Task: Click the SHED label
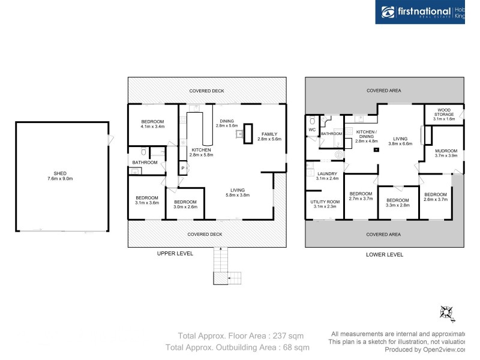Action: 61,173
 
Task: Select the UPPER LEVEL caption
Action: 175,254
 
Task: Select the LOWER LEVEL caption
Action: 384,254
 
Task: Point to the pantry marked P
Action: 182,169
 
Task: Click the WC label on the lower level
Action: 311,130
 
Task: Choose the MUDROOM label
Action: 446,151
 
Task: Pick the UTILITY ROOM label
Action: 325,202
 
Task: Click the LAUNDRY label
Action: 328,173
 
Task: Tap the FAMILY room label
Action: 269,134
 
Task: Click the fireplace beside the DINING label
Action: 247,134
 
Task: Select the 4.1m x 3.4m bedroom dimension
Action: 152,127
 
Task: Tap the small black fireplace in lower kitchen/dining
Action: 376,149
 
